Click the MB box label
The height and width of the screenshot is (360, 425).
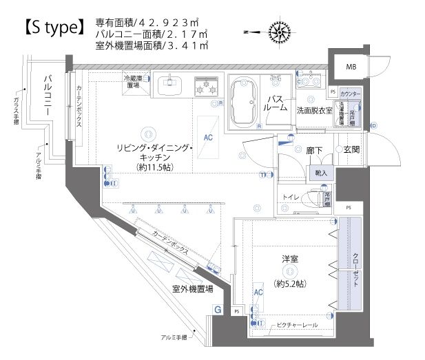(351, 67)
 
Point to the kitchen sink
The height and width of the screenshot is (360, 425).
(169, 86)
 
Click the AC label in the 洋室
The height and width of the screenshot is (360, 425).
(259, 292)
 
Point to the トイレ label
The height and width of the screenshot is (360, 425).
(291, 198)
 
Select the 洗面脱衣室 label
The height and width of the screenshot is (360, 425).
(315, 110)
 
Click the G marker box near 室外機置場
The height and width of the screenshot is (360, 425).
(218, 310)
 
